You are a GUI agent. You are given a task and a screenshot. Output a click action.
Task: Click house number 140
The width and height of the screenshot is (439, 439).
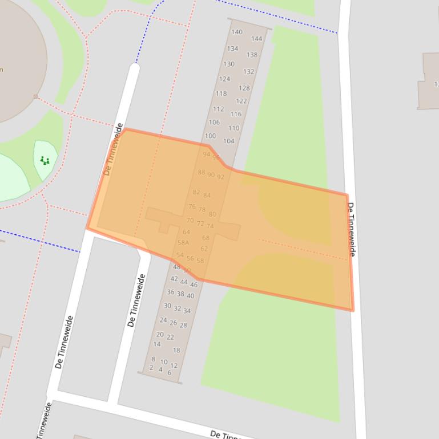237,32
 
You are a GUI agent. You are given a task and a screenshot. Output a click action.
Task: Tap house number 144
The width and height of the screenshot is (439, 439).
257,39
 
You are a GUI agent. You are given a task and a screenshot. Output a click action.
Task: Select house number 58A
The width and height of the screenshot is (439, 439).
183,242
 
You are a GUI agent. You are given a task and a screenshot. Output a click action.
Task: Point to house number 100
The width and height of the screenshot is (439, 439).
210,136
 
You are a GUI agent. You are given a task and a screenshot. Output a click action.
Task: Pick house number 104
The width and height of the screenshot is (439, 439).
228,141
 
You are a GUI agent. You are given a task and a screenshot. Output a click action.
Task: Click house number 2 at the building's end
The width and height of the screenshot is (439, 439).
151,368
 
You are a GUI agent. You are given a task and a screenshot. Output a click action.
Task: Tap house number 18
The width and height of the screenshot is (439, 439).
176,350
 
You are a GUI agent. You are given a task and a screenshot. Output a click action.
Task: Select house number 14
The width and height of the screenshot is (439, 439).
156,344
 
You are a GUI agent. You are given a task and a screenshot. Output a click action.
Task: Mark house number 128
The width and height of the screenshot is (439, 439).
244,88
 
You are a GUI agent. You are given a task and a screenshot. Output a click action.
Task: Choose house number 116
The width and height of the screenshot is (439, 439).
236,114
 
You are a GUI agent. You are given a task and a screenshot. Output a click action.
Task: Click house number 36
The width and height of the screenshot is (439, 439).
171,292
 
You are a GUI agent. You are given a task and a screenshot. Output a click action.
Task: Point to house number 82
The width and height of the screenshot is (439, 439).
196,192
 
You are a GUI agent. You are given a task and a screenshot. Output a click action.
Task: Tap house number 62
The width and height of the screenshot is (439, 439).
204,249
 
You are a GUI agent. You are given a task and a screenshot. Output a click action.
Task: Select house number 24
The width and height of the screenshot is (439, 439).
163,320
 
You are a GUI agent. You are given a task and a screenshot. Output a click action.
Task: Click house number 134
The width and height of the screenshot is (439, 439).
232,48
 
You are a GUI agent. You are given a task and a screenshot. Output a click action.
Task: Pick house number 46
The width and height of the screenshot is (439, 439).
194,284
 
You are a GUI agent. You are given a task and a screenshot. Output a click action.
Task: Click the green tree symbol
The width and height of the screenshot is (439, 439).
45,161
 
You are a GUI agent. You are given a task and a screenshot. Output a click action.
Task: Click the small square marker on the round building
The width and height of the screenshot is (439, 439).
35,97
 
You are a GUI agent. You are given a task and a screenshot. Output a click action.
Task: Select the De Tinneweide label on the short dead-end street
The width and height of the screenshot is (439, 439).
137,300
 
